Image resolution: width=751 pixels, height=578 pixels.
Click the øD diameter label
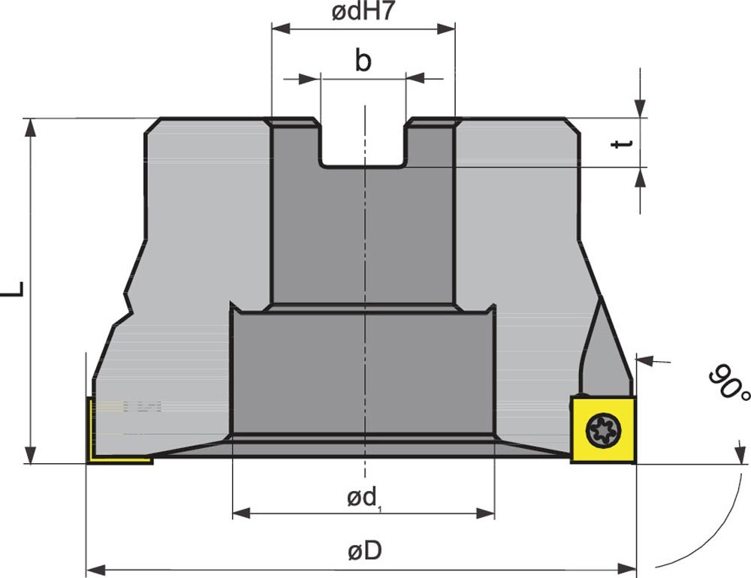point(365,551)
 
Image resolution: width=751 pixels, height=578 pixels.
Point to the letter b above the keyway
point(363,60)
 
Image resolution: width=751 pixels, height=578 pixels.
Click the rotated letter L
point(14,289)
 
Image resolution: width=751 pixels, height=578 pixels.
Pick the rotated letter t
point(623,143)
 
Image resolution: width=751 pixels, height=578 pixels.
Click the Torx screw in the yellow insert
point(604,429)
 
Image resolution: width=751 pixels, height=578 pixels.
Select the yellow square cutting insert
point(603,429)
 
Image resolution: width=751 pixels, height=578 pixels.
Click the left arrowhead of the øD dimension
point(95,570)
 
